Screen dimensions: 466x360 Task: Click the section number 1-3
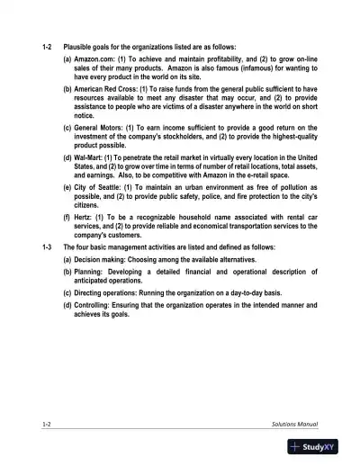[48, 246]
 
